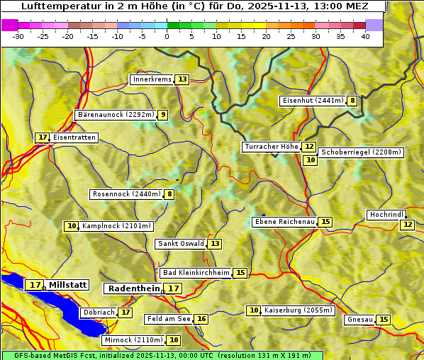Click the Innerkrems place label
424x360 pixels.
point(152,79)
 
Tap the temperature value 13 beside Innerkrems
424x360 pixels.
point(182,79)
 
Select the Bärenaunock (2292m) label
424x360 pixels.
point(115,115)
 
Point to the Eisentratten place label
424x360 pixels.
point(74,137)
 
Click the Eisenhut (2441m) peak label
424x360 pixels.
point(312,101)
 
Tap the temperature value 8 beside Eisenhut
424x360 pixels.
point(352,101)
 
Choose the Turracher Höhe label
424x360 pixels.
point(271,147)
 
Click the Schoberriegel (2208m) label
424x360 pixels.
point(361,152)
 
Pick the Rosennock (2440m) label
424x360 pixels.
point(126,194)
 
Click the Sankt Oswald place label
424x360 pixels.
point(181,244)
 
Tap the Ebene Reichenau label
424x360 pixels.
point(284,223)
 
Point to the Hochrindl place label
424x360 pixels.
point(386,215)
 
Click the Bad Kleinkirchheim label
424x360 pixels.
point(196,273)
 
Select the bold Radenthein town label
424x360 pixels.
point(134,288)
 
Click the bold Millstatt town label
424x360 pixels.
point(68,285)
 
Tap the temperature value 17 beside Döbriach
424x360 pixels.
point(125,313)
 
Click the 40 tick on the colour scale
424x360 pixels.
point(365,35)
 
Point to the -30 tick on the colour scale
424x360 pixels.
point(18,35)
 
